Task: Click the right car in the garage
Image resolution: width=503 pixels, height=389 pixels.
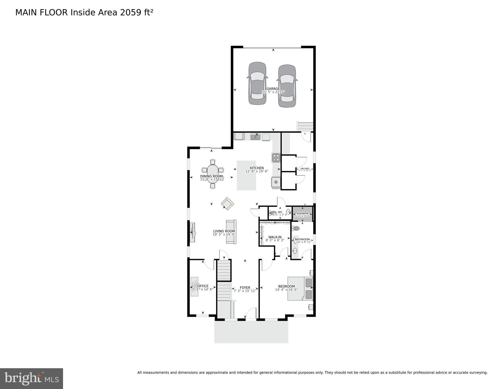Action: (x=287, y=86)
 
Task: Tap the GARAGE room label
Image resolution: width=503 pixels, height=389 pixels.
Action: (x=273, y=89)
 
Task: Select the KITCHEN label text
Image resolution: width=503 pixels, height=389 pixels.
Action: (x=257, y=168)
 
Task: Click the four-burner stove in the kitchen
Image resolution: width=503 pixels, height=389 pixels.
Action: (x=276, y=158)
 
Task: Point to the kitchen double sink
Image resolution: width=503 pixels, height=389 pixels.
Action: (x=255, y=137)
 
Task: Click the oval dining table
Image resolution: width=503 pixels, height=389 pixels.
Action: (x=213, y=173)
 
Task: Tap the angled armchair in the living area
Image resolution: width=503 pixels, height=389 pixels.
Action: (x=227, y=203)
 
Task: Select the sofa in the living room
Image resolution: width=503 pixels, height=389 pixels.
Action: (x=231, y=232)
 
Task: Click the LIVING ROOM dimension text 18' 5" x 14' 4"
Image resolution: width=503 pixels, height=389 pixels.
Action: (x=224, y=235)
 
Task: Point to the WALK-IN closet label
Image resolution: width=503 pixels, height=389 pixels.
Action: (x=275, y=237)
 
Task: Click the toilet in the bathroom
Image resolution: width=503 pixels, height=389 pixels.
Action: (x=296, y=228)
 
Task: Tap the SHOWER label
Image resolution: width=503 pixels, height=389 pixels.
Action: (x=303, y=213)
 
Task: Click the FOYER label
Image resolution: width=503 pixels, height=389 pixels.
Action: (x=245, y=288)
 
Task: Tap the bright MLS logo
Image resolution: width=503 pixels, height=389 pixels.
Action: (x=31, y=379)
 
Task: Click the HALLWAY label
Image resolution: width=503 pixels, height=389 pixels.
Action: (x=305, y=168)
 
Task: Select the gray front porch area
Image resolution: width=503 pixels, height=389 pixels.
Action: (x=251, y=332)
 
